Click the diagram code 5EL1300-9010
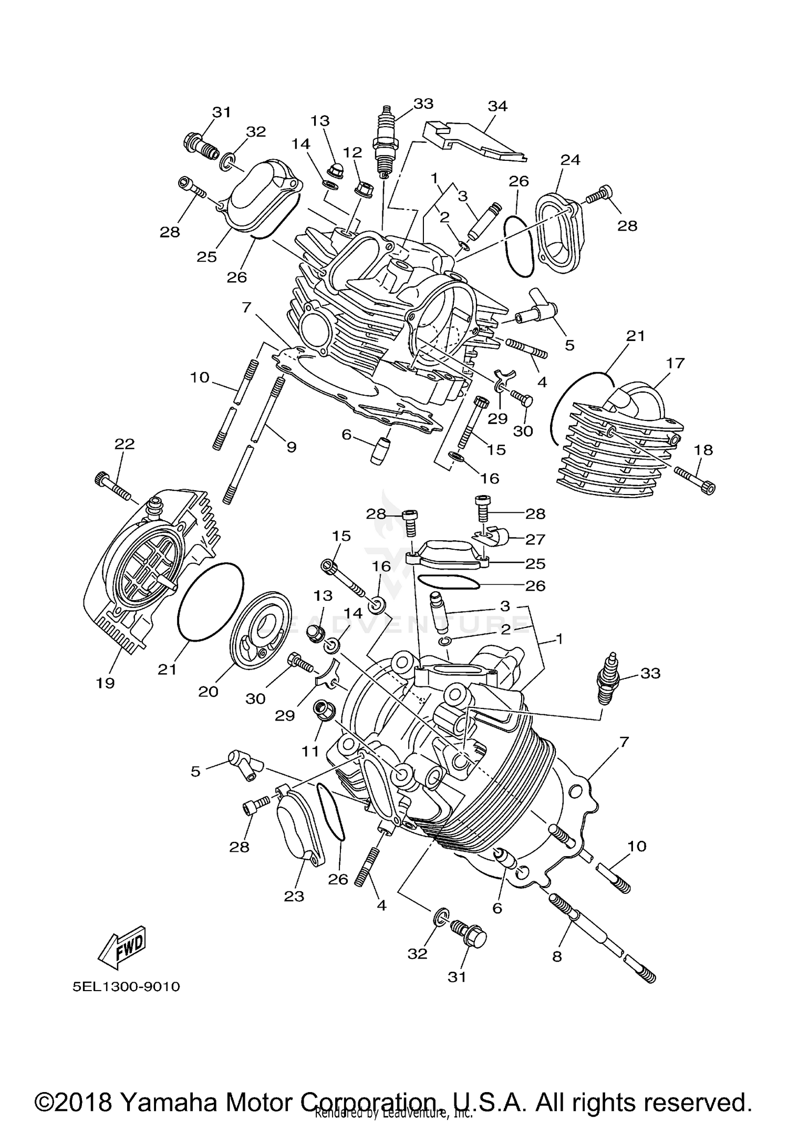click(127, 986)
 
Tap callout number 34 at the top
click(497, 106)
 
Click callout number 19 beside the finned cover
click(105, 683)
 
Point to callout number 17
click(676, 363)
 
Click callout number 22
click(125, 444)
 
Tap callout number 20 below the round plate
click(208, 691)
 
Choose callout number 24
click(570, 160)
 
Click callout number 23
click(294, 896)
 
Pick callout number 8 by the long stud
click(557, 956)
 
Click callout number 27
click(535, 539)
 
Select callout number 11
click(310, 752)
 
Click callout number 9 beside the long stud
click(291, 447)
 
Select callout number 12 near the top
click(352, 152)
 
